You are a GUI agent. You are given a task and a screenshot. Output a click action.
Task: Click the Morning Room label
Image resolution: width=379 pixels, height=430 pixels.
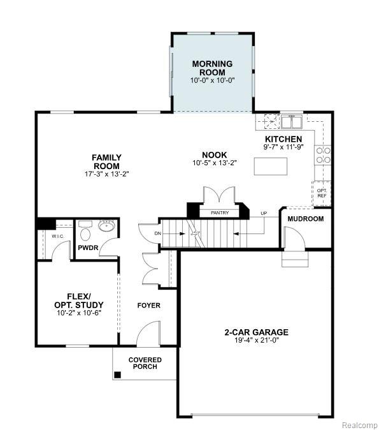[213, 68]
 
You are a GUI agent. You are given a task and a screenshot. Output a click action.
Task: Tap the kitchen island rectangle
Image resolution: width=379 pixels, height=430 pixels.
[271, 166]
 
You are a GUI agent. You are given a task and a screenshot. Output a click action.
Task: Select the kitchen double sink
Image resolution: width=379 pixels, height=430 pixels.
[291, 122]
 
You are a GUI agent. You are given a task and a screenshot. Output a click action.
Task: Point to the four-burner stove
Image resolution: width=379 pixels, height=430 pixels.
[324, 155]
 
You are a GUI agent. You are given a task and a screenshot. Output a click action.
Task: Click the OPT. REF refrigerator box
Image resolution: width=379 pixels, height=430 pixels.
[322, 193]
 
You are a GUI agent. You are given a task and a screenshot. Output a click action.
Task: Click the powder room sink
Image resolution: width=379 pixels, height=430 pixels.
[107, 226]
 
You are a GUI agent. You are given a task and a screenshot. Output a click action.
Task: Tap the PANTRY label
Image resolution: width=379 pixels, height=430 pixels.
[220, 213]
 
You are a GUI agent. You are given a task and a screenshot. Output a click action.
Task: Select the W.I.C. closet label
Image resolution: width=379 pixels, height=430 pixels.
[58, 236]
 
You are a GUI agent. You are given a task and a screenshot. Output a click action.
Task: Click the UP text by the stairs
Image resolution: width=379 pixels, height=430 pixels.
[264, 213]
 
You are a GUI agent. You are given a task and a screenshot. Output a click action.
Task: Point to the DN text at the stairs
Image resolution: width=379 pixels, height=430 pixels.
[158, 234]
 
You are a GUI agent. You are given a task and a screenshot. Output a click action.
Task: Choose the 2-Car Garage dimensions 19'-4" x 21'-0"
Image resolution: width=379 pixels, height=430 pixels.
[256, 340]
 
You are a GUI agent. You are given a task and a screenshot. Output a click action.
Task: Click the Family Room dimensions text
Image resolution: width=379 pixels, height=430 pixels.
[106, 174]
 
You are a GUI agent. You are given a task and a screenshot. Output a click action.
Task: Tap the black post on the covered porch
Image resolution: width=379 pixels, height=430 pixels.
[117, 375]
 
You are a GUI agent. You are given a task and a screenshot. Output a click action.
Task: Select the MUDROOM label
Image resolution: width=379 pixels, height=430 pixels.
[306, 219]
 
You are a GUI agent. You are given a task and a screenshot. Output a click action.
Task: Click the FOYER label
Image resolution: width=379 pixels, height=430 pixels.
[148, 306]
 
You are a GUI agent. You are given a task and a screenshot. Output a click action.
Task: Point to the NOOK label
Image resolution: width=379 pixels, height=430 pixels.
[215, 155]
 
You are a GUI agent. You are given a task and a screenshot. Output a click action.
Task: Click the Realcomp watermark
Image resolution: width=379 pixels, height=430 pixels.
[359, 426]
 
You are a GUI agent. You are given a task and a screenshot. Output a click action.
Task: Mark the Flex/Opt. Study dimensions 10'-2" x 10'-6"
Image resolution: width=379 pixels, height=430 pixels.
[79, 313]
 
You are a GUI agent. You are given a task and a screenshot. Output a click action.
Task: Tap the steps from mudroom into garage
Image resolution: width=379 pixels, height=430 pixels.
[295, 258]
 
